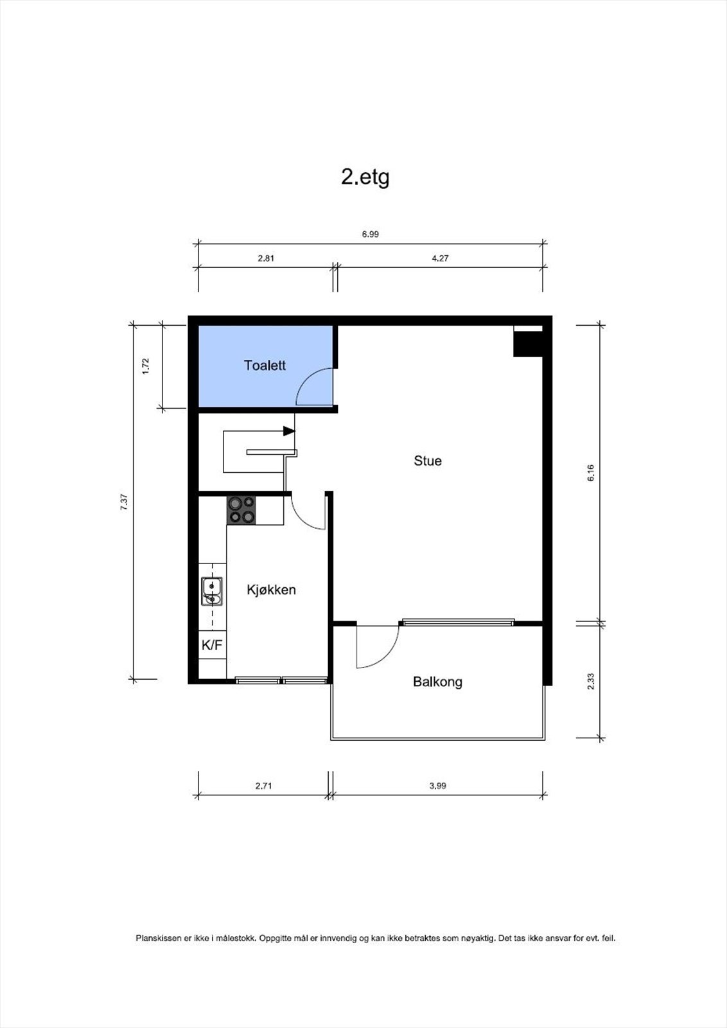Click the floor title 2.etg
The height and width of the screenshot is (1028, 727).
365,177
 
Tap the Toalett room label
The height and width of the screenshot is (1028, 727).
265,366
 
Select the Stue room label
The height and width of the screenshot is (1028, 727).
427,461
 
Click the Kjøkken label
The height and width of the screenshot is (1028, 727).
271,590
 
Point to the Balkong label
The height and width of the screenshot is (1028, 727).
437,682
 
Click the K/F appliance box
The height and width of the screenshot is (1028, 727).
212,645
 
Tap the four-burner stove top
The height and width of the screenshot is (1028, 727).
241,510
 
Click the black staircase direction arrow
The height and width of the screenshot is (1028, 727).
289,430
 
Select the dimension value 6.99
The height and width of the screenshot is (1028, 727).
371,235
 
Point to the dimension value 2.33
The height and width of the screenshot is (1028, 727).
591,681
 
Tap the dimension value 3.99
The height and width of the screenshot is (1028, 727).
437,786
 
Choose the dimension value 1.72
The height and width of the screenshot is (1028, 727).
146,366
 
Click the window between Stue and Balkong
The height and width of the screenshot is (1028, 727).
457,622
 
